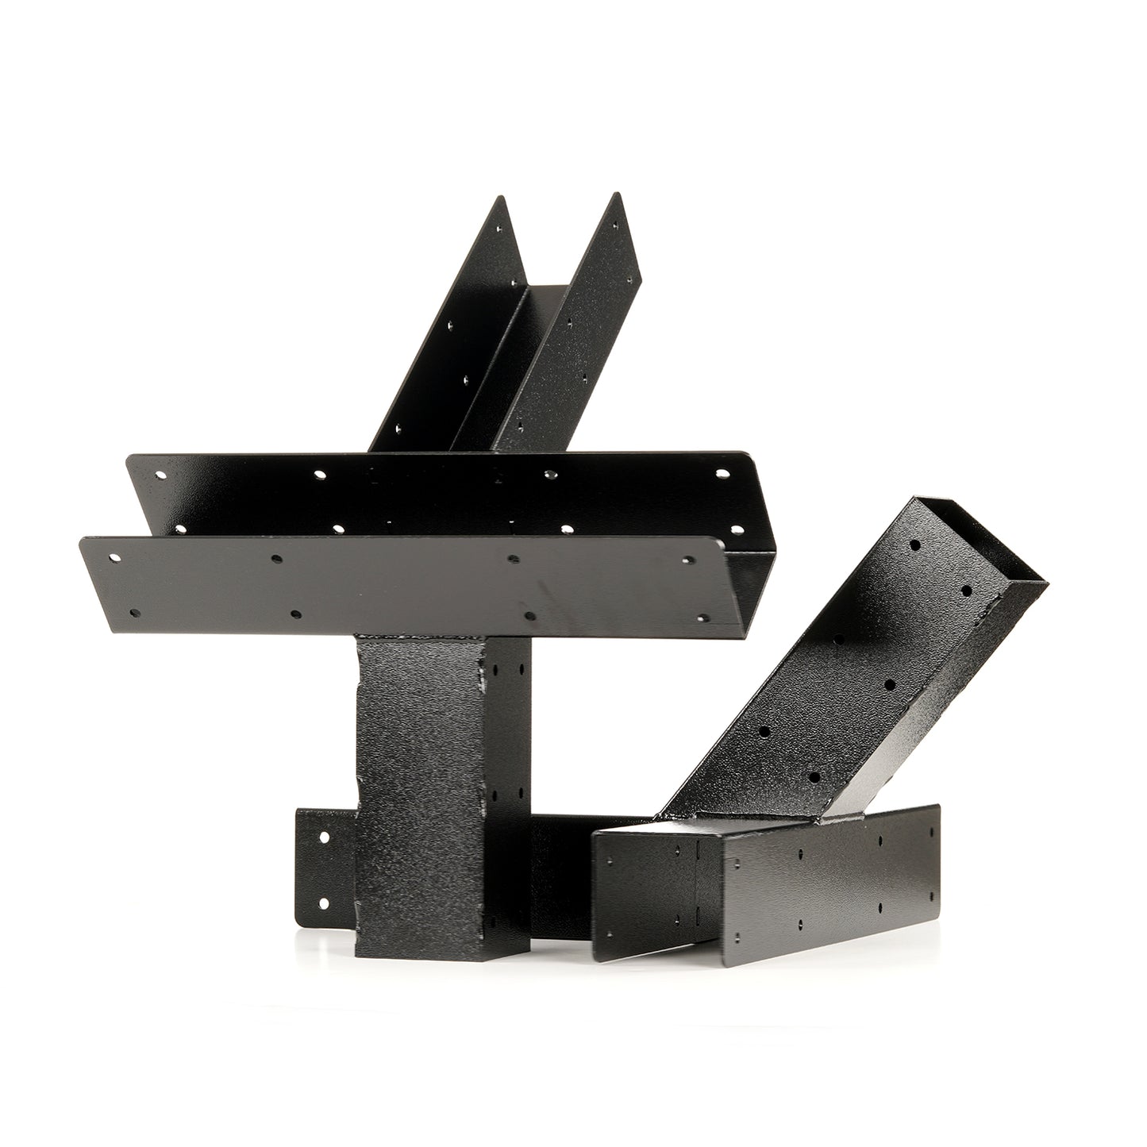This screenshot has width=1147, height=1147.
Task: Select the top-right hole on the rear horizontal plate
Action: click(x=722, y=474)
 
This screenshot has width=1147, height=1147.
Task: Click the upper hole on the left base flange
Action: click(x=324, y=837)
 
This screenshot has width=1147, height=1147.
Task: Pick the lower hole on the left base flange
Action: click(x=324, y=903)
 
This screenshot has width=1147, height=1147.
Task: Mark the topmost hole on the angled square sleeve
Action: click(x=914, y=545)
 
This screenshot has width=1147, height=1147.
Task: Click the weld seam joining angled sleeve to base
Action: click(x=762, y=818)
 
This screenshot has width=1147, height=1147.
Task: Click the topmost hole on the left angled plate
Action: click(x=499, y=229)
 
